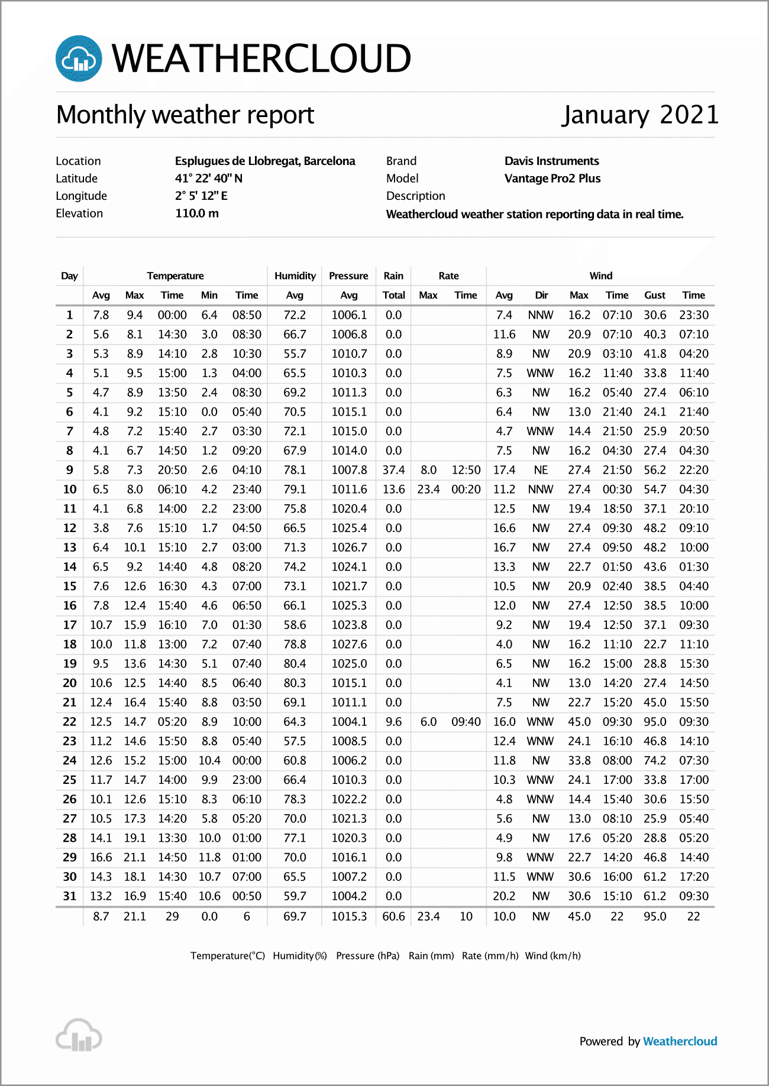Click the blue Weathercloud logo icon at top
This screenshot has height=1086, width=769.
point(79,59)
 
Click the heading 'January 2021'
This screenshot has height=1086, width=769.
point(640,115)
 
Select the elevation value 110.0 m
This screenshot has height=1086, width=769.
point(197,213)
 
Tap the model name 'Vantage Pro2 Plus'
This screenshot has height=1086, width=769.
point(552,179)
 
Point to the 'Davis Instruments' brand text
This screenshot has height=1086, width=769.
point(551,161)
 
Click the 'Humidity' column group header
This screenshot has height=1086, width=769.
point(295,275)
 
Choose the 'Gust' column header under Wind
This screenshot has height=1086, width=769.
point(655,295)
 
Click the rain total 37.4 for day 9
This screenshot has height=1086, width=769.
point(393,470)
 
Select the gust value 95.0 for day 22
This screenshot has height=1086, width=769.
point(655,722)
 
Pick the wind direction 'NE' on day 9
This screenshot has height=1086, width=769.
point(541,470)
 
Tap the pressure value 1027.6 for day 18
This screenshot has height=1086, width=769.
point(349,644)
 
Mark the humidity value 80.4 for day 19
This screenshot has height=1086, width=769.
point(295,664)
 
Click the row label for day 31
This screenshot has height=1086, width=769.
point(70,896)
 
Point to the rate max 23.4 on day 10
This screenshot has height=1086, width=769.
point(428,489)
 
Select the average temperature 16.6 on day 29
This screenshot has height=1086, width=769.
point(101,857)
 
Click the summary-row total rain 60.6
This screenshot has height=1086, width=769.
point(393,916)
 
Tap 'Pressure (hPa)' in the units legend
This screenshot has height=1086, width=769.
point(367,956)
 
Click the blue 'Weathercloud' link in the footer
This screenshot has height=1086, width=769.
point(680,1042)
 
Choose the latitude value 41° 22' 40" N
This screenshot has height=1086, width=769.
point(208,179)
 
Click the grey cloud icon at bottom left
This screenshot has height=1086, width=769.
point(79,1036)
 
